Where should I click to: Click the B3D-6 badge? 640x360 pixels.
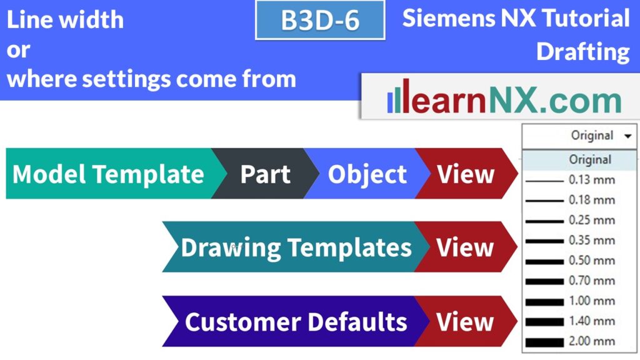(320, 20)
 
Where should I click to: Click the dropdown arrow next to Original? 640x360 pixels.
(627, 136)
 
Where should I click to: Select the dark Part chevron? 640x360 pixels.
(264, 174)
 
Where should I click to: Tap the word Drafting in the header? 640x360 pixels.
(582, 51)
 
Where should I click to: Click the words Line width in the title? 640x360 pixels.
(65, 20)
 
